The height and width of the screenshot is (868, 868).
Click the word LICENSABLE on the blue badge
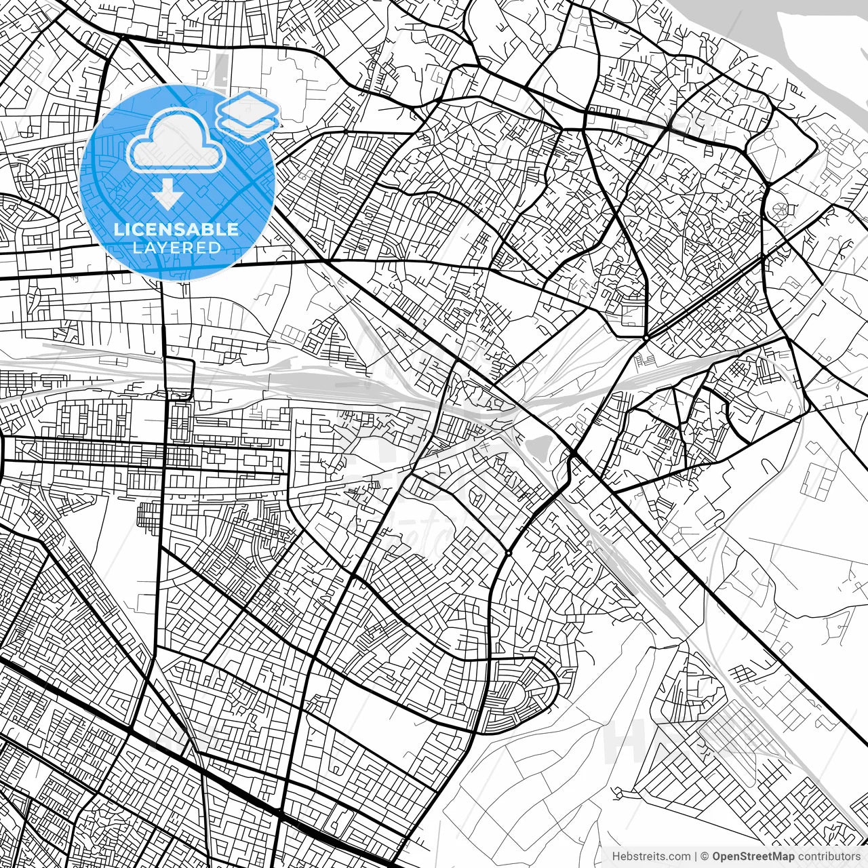coord(176,229)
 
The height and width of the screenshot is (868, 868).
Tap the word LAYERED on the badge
coord(176,248)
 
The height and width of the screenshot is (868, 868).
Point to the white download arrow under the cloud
coord(166,194)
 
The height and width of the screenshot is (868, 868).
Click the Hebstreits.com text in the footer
coord(651,856)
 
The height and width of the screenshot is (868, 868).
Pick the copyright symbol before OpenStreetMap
coord(705,856)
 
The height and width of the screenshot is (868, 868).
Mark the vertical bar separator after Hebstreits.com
coord(696,856)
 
